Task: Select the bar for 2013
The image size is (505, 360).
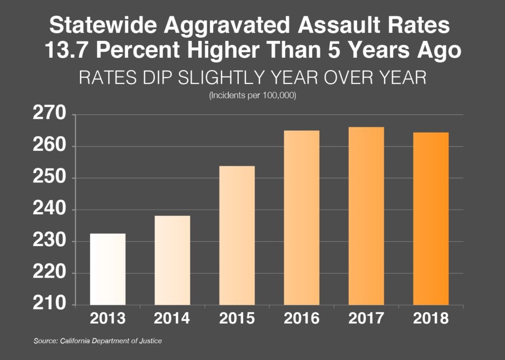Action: pyautogui.click(x=108, y=269)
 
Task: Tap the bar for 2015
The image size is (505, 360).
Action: pyautogui.click(x=237, y=235)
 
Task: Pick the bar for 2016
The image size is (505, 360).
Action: pyautogui.click(x=301, y=217)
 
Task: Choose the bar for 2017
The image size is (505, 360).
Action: pyautogui.click(x=366, y=216)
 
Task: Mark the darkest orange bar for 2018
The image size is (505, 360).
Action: pyautogui.click(x=431, y=218)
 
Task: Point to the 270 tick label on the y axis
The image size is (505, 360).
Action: pyautogui.click(x=49, y=115)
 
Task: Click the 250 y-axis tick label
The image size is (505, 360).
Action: pyautogui.click(x=49, y=178)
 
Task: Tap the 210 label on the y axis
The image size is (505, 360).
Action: pyautogui.click(x=49, y=304)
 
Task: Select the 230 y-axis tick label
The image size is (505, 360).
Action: pyautogui.click(x=49, y=242)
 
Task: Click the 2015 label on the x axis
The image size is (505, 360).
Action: pyautogui.click(x=237, y=319)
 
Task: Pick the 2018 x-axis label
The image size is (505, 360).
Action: pyautogui.click(x=431, y=319)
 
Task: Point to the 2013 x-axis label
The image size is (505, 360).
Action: pyautogui.click(x=108, y=319)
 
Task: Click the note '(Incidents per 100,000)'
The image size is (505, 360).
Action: pyautogui.click(x=252, y=96)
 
